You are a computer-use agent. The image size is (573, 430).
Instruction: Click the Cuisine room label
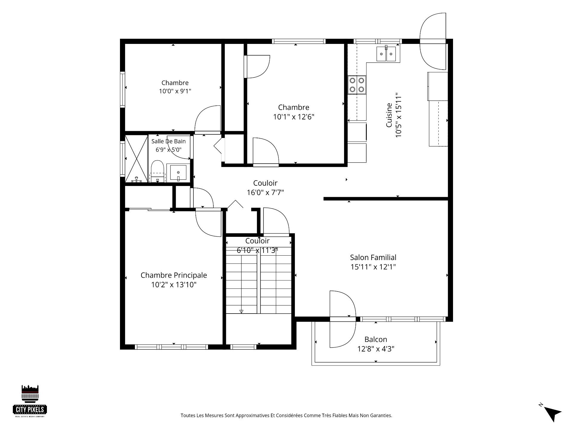pos(389,115)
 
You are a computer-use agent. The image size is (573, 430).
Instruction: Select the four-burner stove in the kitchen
pos(357,85)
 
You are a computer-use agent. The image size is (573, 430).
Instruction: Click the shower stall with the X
pos(136,159)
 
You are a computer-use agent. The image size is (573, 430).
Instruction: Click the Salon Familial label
pos(373,257)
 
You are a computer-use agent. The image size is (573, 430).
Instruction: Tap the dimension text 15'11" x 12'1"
pos(373,267)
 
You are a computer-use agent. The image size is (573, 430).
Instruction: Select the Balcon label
pos(376,340)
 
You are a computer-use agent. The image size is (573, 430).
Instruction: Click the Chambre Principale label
pos(174,275)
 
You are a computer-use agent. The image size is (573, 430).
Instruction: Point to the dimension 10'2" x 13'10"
pos(174,285)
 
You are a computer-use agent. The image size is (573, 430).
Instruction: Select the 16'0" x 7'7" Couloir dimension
pos(265,193)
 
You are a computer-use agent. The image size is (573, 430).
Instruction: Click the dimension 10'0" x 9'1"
pos(175,91)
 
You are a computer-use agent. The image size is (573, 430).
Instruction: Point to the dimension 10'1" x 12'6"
pos(294,117)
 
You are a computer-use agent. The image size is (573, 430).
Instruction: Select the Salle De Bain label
pos(169,141)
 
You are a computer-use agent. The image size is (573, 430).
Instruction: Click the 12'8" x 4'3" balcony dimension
pos(376,349)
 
